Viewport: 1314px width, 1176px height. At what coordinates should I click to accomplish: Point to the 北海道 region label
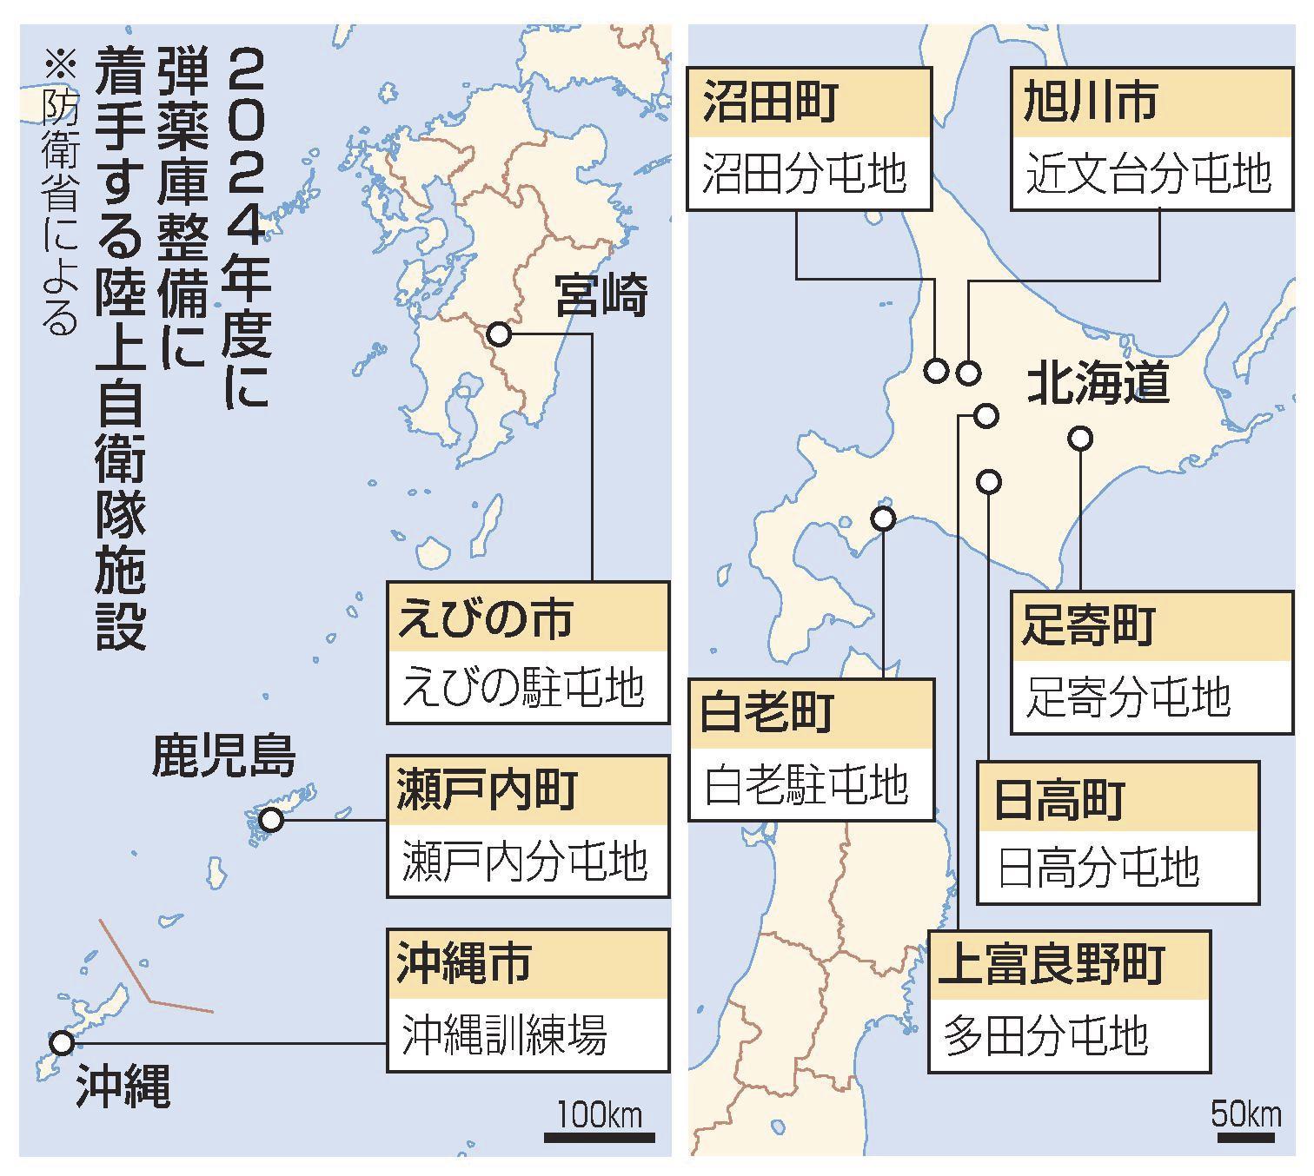[1098, 383]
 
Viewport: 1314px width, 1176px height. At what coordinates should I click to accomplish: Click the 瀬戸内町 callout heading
[487, 791]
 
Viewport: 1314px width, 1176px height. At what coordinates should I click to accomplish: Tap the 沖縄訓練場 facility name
[504, 1034]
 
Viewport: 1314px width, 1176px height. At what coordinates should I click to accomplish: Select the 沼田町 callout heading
[770, 101]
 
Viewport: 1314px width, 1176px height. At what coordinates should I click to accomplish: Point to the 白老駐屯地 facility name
[806, 785]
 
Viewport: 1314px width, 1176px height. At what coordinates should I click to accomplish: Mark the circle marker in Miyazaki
[499, 334]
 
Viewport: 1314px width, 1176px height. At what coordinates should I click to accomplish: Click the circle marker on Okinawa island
[61, 1042]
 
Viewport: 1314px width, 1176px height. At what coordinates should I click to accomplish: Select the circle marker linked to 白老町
[883, 519]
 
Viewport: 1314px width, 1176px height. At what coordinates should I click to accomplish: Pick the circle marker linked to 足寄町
[1080, 439]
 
